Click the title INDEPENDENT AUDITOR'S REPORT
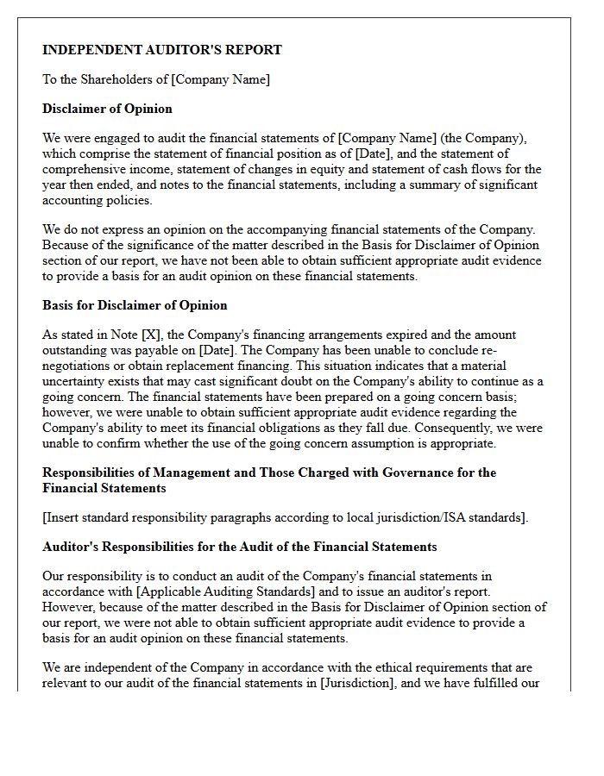(162, 50)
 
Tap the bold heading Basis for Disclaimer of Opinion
(135, 305)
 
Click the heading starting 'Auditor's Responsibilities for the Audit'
(240, 547)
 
